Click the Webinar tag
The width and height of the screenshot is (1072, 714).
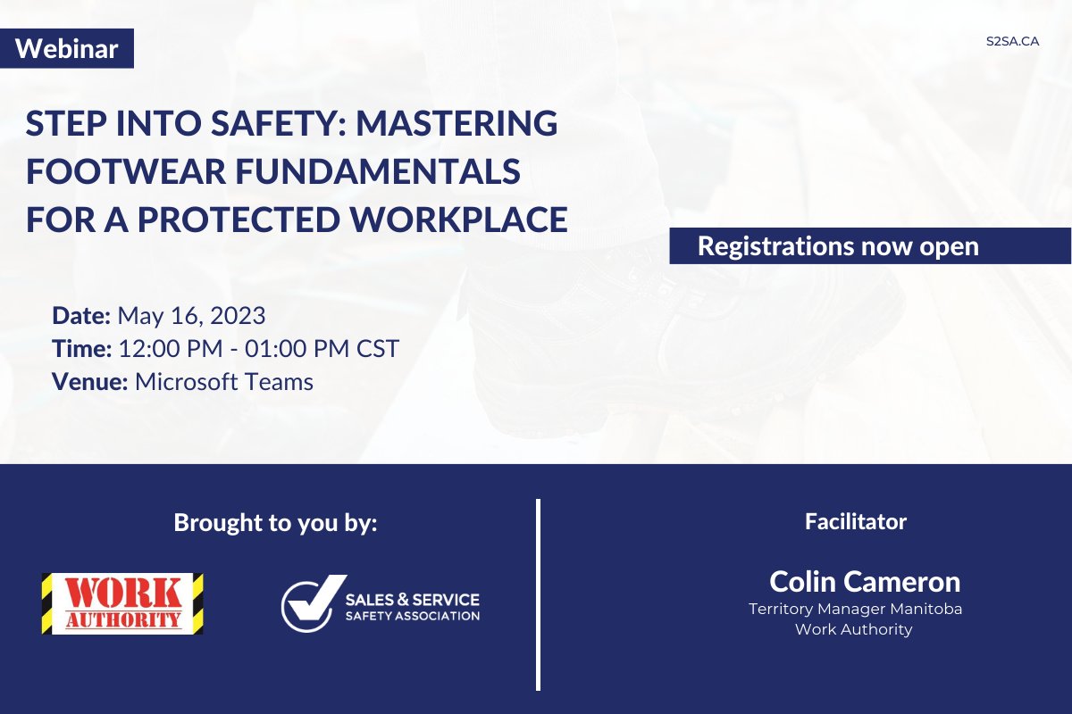click(67, 49)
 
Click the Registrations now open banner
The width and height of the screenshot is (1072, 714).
click(838, 245)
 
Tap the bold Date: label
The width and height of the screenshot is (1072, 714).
click(81, 315)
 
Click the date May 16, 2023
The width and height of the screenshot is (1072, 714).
click(191, 315)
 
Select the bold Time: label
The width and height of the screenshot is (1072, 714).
click(82, 348)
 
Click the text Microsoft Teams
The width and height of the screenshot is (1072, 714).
click(224, 382)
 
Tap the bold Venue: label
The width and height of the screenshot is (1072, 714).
click(90, 382)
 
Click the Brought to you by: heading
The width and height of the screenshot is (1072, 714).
click(276, 523)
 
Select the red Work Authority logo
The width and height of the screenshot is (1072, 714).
click(122, 603)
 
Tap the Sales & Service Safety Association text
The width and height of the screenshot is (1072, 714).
click(412, 606)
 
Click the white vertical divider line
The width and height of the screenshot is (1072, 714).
click(539, 594)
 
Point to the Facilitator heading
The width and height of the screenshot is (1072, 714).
click(855, 521)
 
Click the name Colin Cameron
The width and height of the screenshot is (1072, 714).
click(865, 582)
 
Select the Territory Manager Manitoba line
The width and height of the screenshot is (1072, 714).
click(855, 609)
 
